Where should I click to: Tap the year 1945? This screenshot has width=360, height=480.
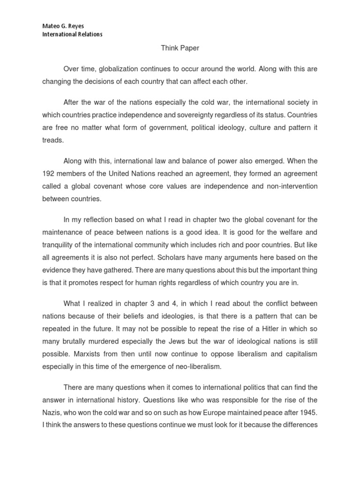tap(307, 413)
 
